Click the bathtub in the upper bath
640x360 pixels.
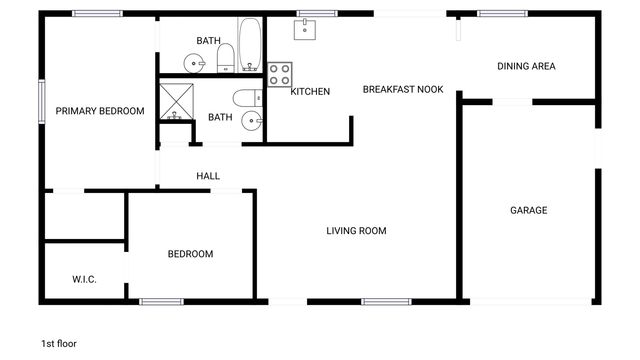[250, 42]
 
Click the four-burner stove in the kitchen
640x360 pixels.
[280, 73]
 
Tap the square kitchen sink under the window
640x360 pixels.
[305, 30]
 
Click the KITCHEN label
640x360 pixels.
[310, 92]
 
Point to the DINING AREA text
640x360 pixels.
[526, 67]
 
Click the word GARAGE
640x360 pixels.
[529, 210]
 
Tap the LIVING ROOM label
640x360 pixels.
[356, 231]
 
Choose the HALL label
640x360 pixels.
[208, 176]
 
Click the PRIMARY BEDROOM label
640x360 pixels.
[100, 111]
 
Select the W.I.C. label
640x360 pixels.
[84, 279]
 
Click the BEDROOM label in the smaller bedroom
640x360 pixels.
[190, 254]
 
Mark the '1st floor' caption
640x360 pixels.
[59, 343]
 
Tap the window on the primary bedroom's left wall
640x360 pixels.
[41, 100]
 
